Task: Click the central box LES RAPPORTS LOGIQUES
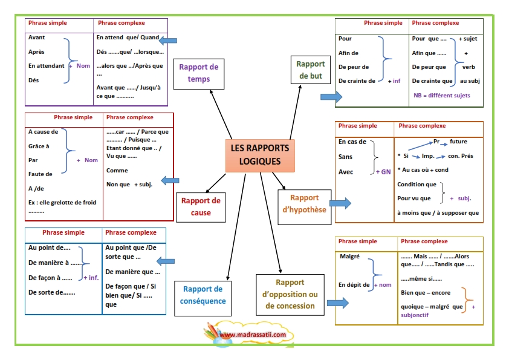260,155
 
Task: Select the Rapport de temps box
199,74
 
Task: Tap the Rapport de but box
310,70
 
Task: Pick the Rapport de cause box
201,208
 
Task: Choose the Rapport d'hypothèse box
305,207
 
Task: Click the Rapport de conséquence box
203,298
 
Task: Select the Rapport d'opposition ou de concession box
290,295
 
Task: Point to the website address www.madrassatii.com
253,335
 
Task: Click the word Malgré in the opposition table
349,257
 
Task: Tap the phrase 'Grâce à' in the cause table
39,146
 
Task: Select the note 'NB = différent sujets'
441,95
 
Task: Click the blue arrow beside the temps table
168,41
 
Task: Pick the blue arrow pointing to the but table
331,96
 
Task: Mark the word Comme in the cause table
117,170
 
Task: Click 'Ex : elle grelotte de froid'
62,203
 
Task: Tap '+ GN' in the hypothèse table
383,172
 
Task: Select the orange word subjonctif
415,315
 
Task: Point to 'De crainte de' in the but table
357,81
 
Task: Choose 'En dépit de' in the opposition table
354,284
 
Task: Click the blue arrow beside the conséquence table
166,261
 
